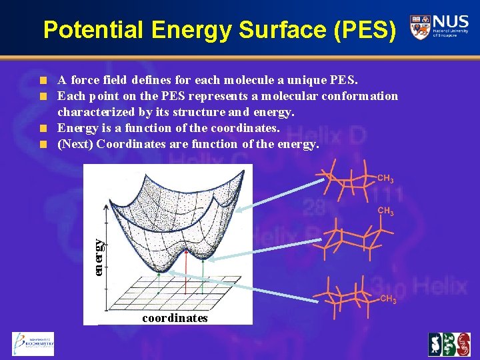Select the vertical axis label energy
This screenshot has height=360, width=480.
(x=98, y=257)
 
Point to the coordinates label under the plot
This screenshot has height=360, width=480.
(x=175, y=318)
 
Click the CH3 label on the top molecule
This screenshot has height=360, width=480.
(x=385, y=179)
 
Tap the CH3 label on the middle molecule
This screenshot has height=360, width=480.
(x=385, y=211)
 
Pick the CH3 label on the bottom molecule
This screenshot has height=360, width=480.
(x=388, y=299)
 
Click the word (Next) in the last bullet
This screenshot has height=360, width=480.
(x=75, y=143)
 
